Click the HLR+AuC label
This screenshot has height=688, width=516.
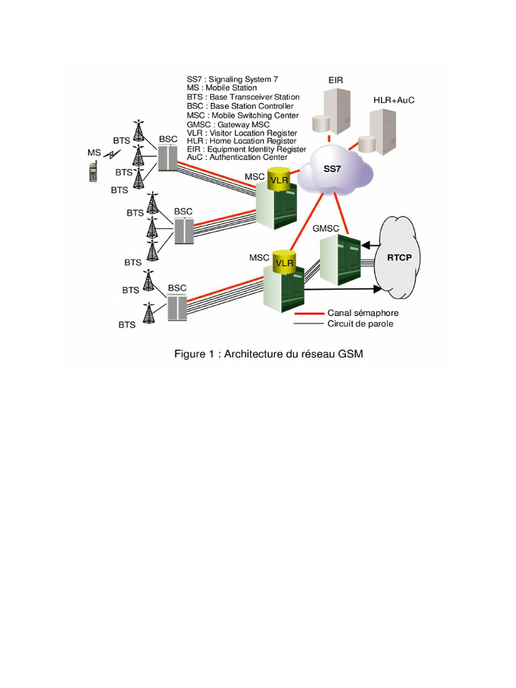pos(394,100)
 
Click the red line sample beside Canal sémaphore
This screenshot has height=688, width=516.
pos(308,313)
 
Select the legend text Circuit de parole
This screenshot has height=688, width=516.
pos(360,324)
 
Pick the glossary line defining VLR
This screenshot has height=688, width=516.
pos(242,133)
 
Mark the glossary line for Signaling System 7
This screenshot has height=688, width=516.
pos(232,79)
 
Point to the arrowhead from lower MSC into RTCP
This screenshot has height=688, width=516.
pos(377,290)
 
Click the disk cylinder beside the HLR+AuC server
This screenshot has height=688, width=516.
pos(367,144)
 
